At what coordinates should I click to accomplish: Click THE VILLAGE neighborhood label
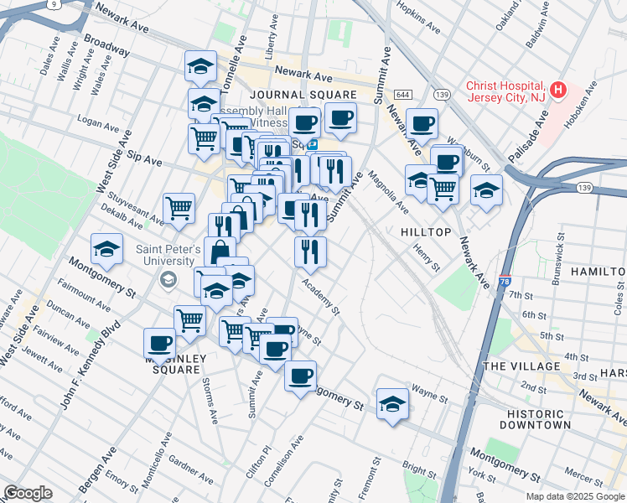(521, 366)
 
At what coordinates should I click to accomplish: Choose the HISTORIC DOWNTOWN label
(539, 419)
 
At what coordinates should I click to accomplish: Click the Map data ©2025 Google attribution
(575, 496)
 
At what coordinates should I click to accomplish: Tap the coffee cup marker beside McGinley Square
(159, 341)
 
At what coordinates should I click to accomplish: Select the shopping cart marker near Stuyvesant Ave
(179, 206)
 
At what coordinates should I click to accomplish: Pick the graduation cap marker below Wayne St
(392, 403)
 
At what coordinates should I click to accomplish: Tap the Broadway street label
(106, 45)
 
